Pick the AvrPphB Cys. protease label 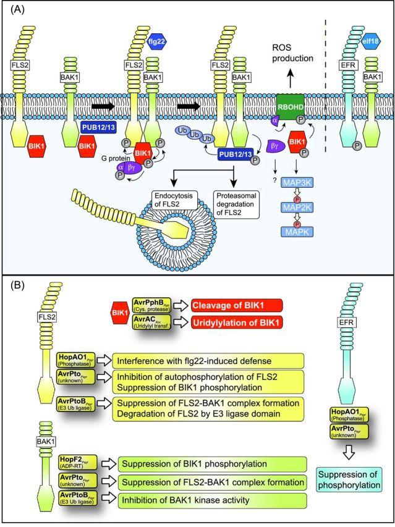tap(150, 305)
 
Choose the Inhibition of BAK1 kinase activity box tap(178, 499)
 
